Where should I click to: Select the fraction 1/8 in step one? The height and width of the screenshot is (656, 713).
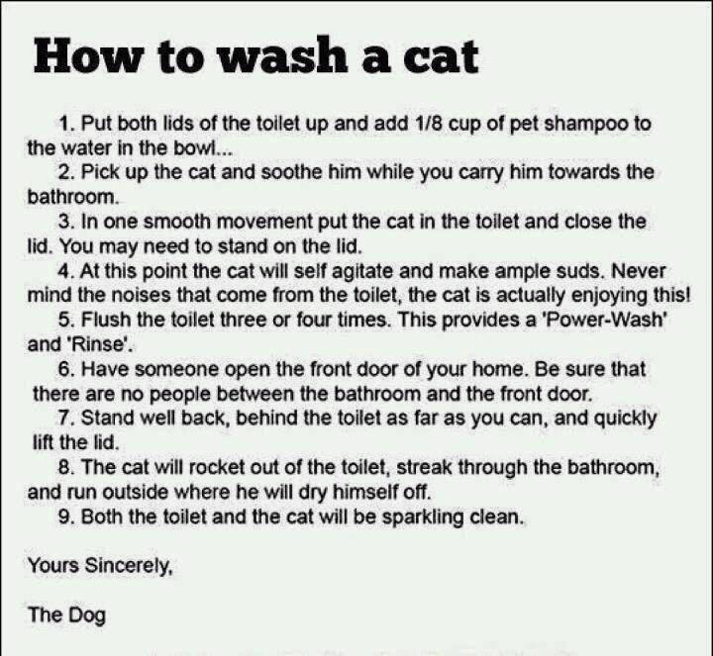click(x=429, y=123)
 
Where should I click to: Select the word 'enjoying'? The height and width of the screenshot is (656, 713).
click(x=609, y=296)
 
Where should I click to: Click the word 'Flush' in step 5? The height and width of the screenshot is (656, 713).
click(x=106, y=320)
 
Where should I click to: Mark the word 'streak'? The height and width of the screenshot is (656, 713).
click(x=424, y=467)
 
